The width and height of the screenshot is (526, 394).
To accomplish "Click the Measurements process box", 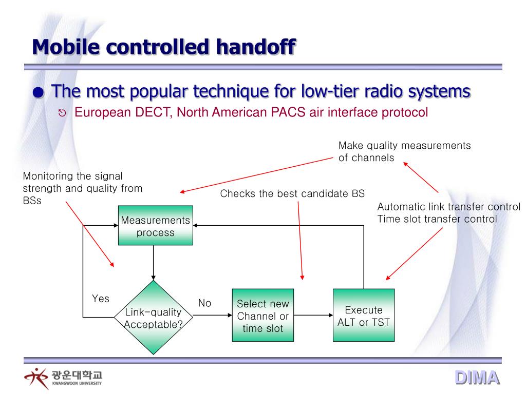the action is click(x=156, y=226).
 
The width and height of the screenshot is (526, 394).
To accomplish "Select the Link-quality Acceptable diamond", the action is click(x=154, y=318).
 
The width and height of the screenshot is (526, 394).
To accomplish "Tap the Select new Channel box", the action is click(x=263, y=316).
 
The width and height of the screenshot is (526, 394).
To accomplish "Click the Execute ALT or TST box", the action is click(x=364, y=316).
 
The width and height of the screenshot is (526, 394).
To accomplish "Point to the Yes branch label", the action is click(x=101, y=299).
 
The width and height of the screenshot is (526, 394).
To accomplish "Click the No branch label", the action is click(x=205, y=303).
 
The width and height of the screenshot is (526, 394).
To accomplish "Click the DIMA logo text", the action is click(x=477, y=378).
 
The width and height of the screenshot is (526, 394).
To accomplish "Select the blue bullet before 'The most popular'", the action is click(x=38, y=93).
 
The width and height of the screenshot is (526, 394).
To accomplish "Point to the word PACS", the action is click(x=289, y=112).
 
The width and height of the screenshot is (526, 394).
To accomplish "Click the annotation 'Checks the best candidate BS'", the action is click(x=292, y=193).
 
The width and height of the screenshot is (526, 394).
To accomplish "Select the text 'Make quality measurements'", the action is click(x=404, y=146).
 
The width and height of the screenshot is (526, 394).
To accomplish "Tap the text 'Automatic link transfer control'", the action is click(x=449, y=207).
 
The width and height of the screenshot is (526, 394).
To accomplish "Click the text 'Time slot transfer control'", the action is click(x=437, y=219).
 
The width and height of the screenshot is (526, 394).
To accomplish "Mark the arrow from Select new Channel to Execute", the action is click(x=313, y=316).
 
